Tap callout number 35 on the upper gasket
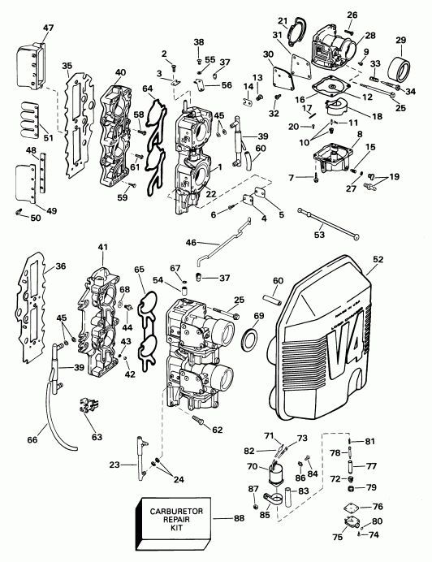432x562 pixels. [x=67, y=67]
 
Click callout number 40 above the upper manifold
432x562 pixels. [x=120, y=72]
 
